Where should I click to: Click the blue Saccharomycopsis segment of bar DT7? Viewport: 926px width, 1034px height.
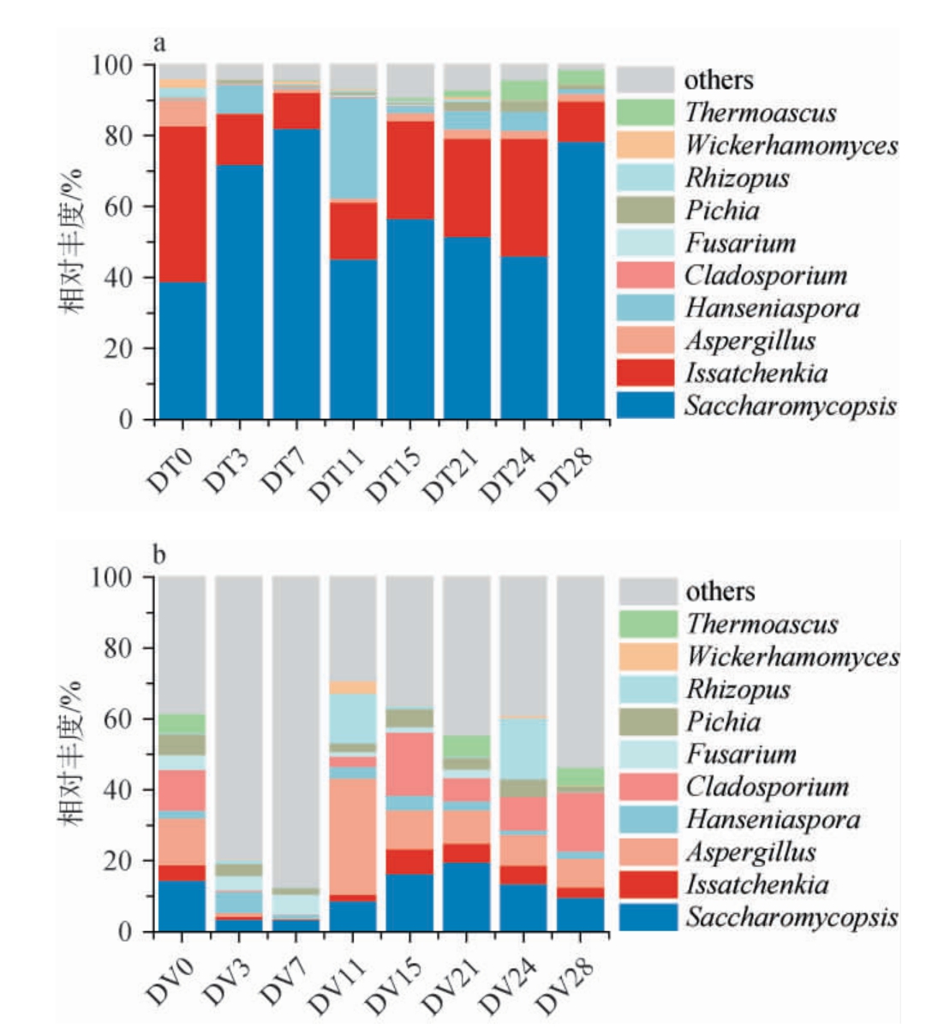[296, 274]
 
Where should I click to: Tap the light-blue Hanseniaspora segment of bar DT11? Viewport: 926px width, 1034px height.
[352, 149]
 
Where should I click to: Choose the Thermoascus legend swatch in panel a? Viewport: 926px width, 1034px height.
[645, 112]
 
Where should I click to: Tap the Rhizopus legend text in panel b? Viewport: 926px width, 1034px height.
[738, 689]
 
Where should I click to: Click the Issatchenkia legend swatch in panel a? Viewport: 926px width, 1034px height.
[645, 373]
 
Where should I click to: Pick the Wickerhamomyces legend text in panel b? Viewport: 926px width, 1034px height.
[792, 656]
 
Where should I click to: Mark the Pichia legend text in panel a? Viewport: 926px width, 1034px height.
[721, 210]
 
